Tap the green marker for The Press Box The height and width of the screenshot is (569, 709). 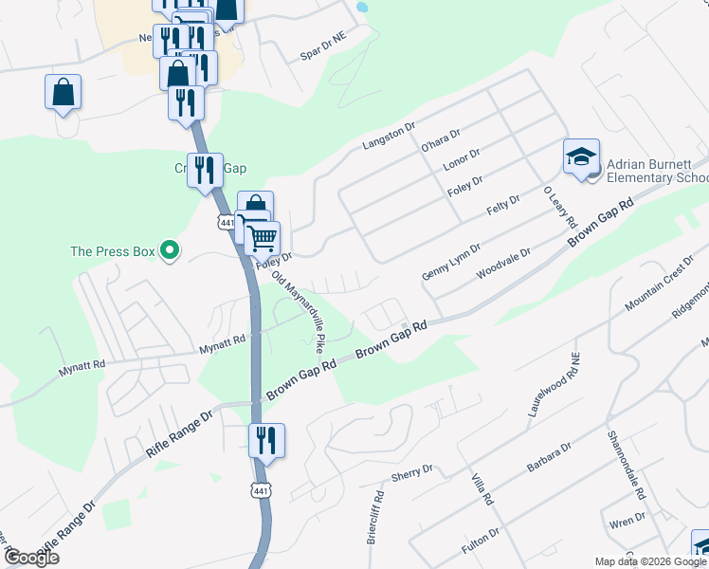click(171, 251)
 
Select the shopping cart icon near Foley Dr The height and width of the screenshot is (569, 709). click(263, 237)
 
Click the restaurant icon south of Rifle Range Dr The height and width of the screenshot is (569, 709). click(266, 441)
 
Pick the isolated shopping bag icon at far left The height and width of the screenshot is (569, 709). click(63, 93)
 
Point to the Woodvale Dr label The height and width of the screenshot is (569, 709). click(502, 263)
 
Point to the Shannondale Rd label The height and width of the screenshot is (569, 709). click(625, 467)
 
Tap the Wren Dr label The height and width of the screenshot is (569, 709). click(628, 519)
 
